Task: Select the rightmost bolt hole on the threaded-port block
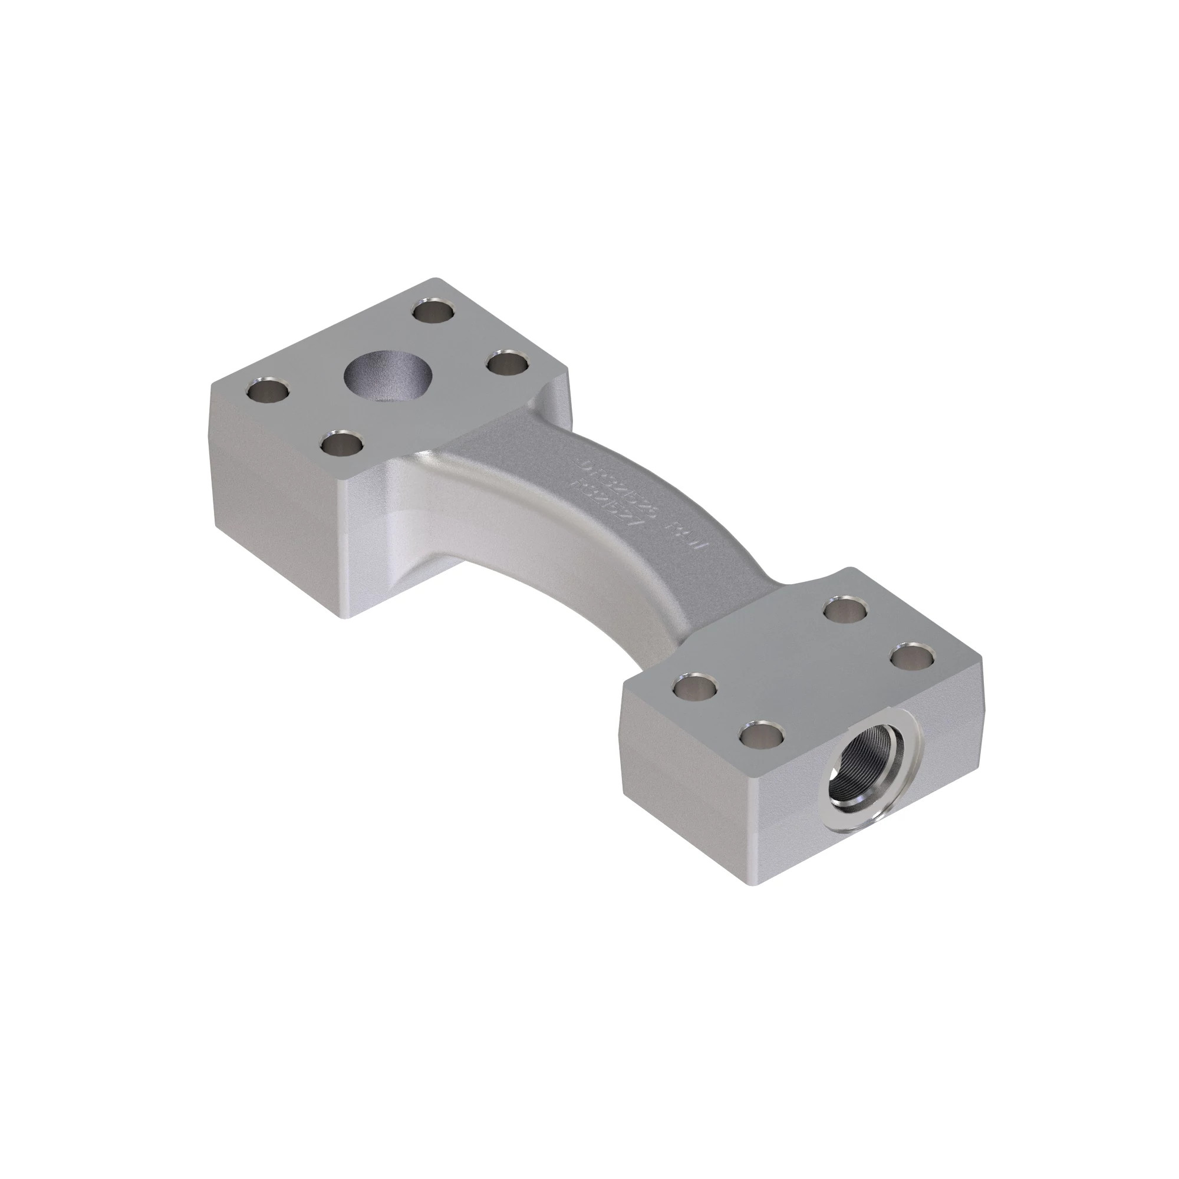[911, 658]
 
